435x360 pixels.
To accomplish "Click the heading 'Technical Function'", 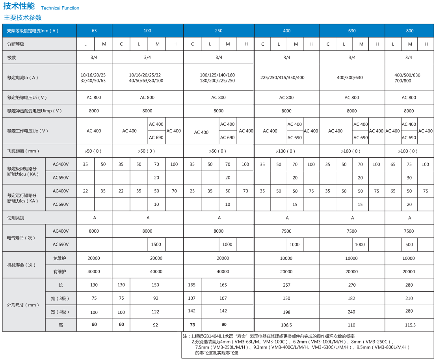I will click(x=60, y=8).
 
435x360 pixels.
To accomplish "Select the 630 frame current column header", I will click(x=352, y=31).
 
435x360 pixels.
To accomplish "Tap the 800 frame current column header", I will click(x=410, y=31).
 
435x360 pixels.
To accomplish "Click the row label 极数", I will click(x=11, y=58).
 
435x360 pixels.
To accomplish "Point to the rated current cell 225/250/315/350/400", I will click(x=282, y=78).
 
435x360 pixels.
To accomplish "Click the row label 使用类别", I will click(x=16, y=218).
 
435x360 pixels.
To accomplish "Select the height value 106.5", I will click(x=286, y=325).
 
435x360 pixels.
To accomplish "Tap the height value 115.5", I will click(x=410, y=325).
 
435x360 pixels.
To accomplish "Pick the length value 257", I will click(x=286, y=285).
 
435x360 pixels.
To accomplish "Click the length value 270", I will click(x=352, y=285).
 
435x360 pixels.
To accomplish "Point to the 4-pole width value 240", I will click(x=352, y=312).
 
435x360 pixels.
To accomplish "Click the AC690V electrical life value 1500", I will click(x=156, y=244).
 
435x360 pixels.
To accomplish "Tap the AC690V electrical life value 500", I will click(x=409, y=244).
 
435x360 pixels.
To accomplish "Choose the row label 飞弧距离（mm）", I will click(x=23, y=151).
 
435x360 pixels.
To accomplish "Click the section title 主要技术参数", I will click(x=22, y=18).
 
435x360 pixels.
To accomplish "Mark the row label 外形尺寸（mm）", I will click(x=23, y=305).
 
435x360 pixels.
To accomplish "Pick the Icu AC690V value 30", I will click(x=409, y=178).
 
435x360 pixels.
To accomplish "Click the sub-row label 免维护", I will click(x=59, y=258).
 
